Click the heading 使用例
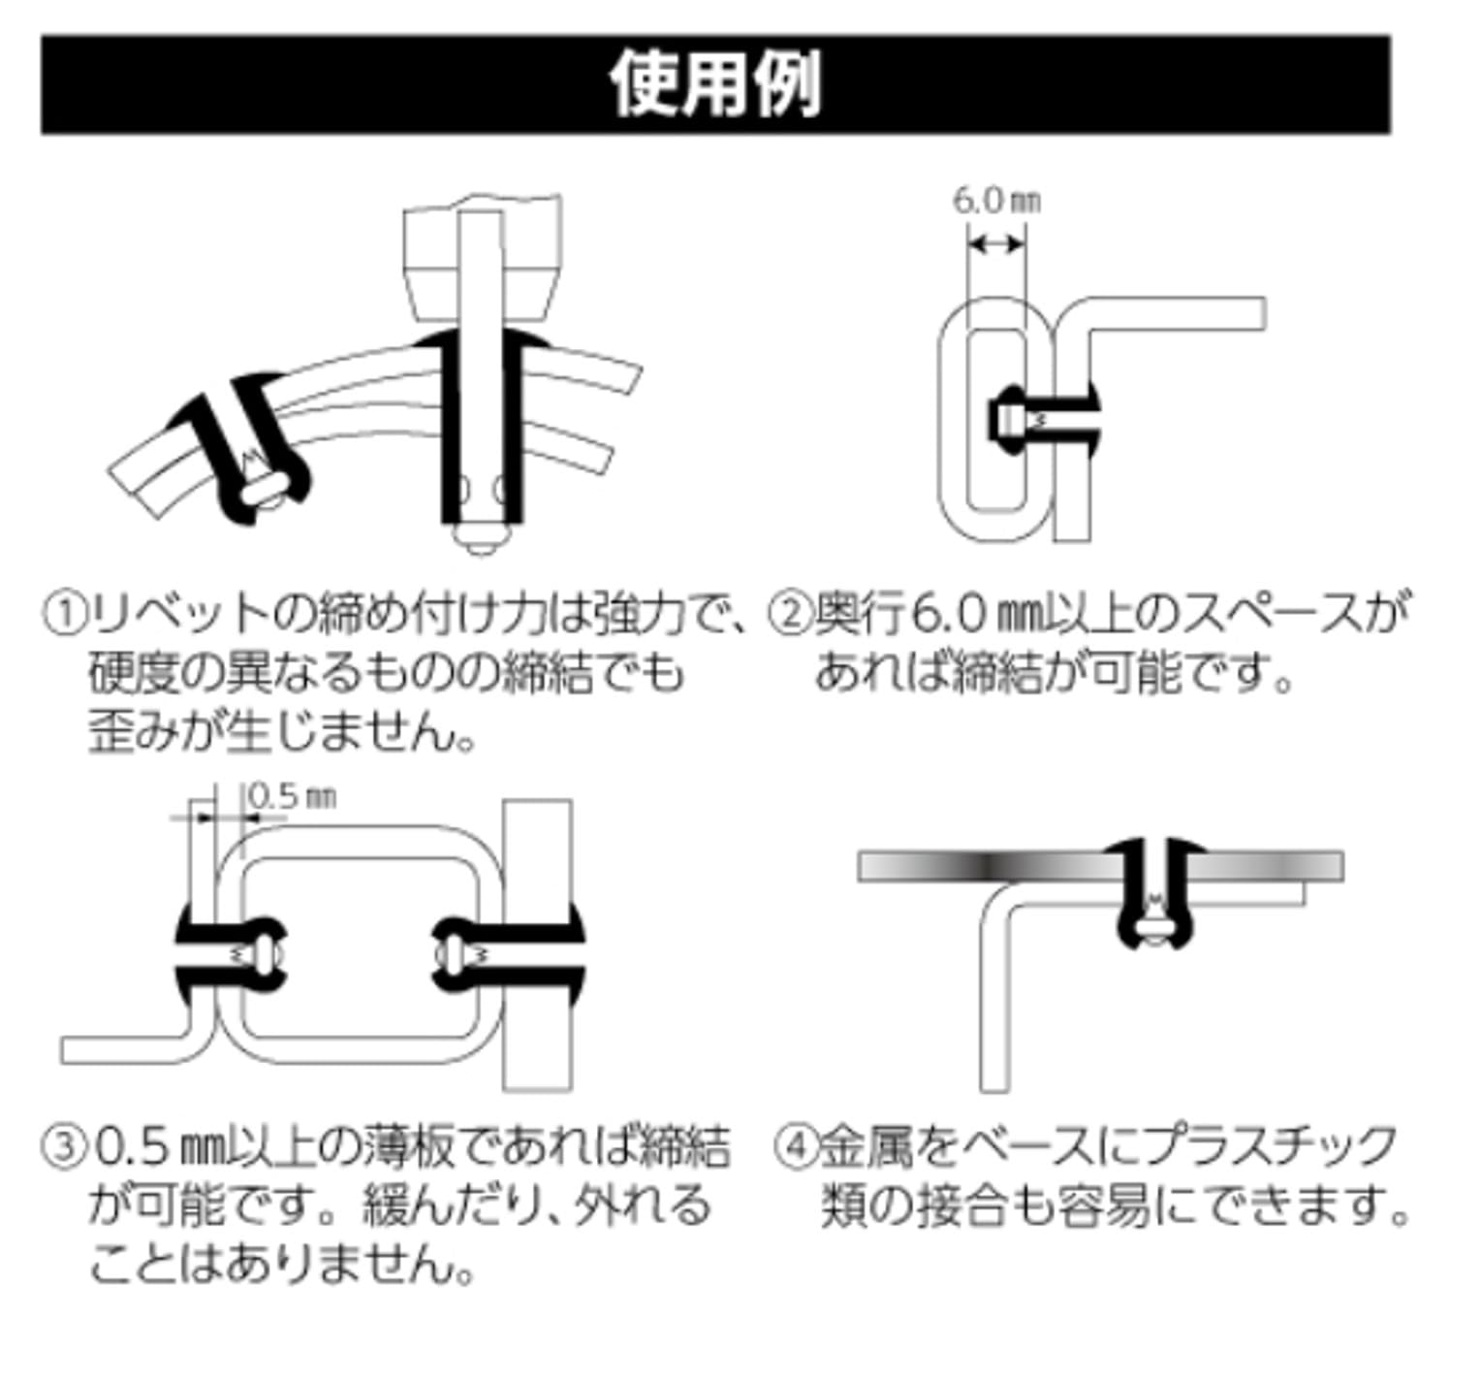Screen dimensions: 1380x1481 (714, 84)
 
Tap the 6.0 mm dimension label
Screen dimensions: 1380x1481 (995, 201)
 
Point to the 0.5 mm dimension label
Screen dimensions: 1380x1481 (292, 796)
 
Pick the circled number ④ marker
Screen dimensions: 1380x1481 (796, 1147)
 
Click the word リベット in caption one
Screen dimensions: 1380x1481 (176, 613)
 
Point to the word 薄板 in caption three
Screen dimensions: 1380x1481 (408, 1147)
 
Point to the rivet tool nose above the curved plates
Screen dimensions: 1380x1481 (482, 262)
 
